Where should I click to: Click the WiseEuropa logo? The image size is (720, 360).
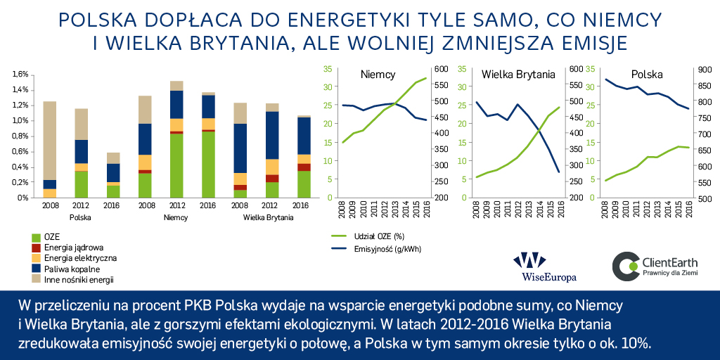[545, 266]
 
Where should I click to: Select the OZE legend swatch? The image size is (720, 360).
[36, 238]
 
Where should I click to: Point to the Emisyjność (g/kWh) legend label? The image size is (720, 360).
[387, 250]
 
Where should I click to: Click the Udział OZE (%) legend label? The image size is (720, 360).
[379, 236]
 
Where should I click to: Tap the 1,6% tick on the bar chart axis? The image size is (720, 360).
[20, 74]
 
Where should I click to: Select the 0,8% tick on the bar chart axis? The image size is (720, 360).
[20, 136]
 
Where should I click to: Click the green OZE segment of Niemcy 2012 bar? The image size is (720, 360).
[176, 166]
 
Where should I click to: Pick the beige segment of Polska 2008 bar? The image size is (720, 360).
[49, 141]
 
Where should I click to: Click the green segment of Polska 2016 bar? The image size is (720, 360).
[113, 191]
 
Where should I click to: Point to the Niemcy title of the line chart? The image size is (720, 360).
[378, 75]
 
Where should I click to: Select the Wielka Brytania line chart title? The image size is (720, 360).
[518, 75]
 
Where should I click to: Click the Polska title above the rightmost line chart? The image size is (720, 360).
[647, 75]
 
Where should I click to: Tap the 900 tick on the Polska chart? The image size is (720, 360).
[705, 70]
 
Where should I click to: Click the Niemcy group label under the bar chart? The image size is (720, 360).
[176, 218]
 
